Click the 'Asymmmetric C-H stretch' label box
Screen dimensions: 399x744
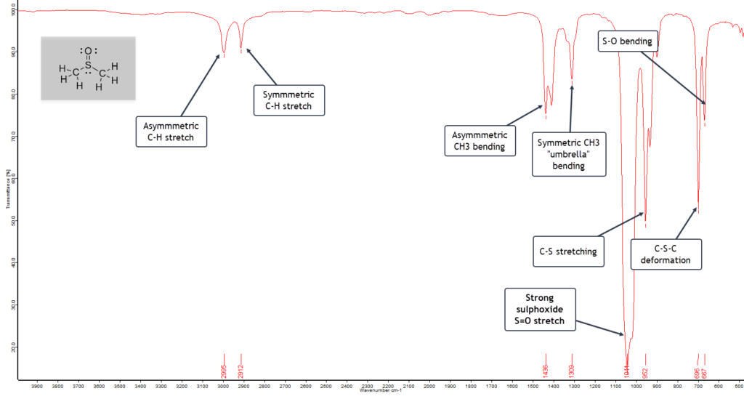[x=171, y=131]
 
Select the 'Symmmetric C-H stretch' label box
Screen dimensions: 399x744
[x=288, y=100]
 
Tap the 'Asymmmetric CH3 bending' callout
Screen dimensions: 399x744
[x=480, y=141]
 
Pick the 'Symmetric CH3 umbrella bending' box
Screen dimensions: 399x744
[x=569, y=153]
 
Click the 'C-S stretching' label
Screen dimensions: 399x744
[x=568, y=251]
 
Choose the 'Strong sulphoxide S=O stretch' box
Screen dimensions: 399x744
[x=539, y=309]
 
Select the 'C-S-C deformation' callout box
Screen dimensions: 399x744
[x=666, y=254]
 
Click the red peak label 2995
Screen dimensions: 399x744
[x=224, y=362]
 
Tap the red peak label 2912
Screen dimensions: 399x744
[x=241, y=362]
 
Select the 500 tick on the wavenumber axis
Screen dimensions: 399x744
[x=739, y=385]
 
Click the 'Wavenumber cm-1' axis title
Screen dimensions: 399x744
[x=379, y=391]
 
